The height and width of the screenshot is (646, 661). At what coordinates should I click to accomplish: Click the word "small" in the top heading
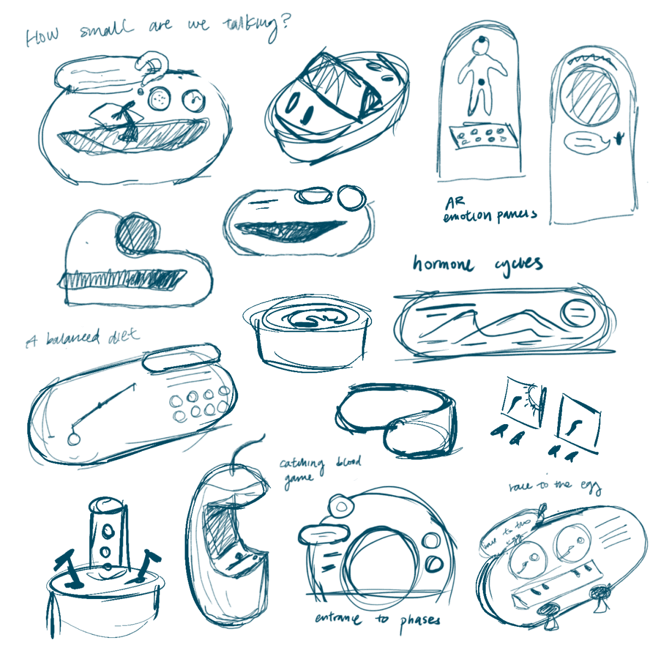click(x=106, y=29)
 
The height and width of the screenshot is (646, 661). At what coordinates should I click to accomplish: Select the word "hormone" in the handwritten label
click(x=443, y=265)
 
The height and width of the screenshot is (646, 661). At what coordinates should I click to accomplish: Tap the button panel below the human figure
click(x=482, y=135)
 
